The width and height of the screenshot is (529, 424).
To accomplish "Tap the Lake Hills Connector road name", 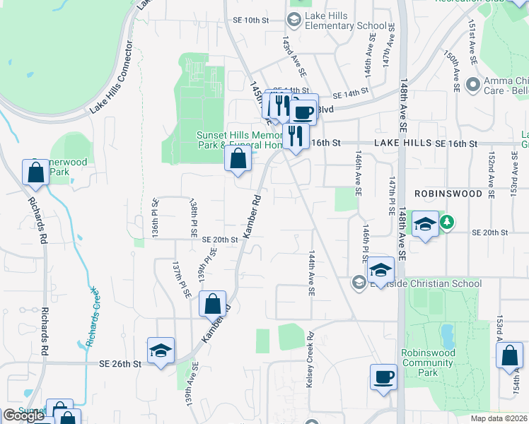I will (x=112, y=78).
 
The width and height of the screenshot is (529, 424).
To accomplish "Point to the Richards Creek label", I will (x=94, y=317).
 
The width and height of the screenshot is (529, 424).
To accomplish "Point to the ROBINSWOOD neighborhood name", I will (x=448, y=192).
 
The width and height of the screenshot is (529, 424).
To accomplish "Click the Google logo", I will (x=24, y=416).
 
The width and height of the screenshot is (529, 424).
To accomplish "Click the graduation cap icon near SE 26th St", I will (x=161, y=351).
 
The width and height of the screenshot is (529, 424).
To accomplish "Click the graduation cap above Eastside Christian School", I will (x=380, y=269).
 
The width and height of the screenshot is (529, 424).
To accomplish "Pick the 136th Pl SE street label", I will (x=155, y=217).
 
